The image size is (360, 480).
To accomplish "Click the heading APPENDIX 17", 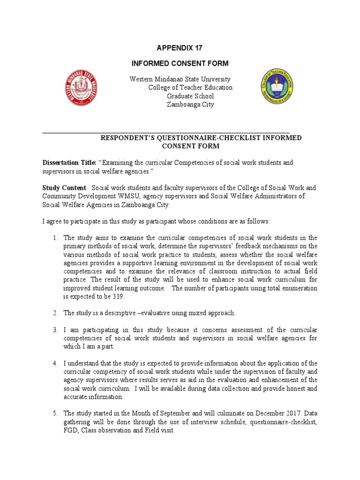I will (180, 48).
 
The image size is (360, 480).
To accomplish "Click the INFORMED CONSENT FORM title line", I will (180, 63).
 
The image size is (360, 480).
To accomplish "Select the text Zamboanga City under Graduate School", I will (190, 105).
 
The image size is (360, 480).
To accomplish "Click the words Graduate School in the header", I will (190, 96).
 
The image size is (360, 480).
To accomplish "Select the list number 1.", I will (55, 238).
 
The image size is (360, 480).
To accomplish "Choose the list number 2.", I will (55, 313).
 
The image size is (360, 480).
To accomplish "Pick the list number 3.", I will (55, 330).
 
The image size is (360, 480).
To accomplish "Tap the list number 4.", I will (55, 363).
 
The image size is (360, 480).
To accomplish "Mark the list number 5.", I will (55, 413).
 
